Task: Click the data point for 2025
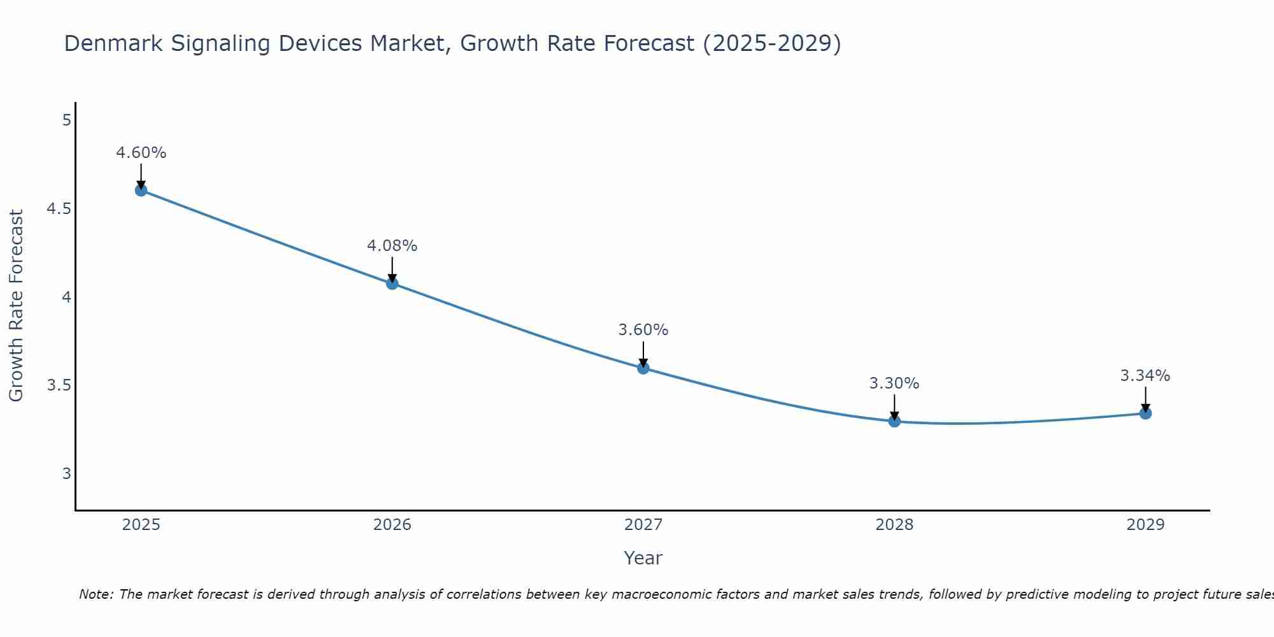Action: click(141, 190)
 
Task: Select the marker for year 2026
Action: click(392, 283)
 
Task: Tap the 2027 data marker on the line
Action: click(643, 368)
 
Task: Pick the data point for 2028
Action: click(894, 421)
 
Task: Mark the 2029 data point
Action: click(1145, 413)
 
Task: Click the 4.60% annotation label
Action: click(141, 153)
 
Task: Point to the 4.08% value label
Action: click(392, 246)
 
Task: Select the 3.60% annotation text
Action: click(643, 330)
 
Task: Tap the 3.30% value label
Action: click(894, 383)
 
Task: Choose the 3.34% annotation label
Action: click(1145, 376)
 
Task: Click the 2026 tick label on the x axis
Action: click(392, 525)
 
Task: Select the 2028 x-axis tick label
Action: click(894, 525)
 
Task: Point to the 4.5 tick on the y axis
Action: click(59, 209)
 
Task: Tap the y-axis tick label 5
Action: click(66, 120)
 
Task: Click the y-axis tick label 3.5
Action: click(59, 385)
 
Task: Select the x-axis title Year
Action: click(643, 558)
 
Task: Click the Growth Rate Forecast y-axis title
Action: click(16, 306)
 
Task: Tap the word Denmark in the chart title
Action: click(108, 43)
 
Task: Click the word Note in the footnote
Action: click(96, 594)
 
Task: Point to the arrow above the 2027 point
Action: click(643, 354)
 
